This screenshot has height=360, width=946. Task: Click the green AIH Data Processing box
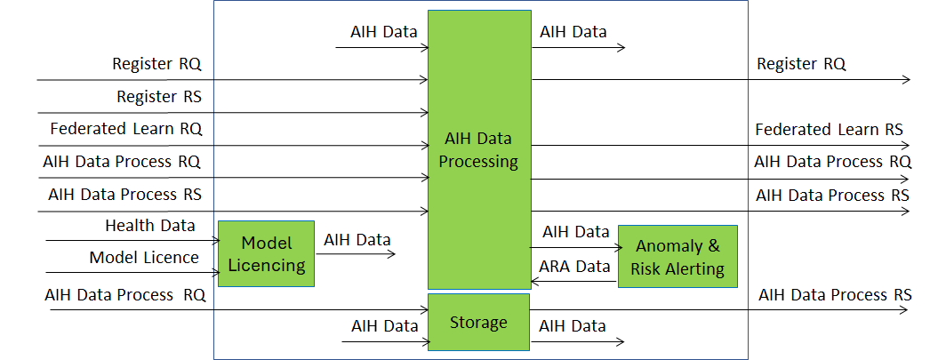[x=479, y=149]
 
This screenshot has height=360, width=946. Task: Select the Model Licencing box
[x=266, y=253]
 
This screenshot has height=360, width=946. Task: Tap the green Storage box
[x=478, y=322]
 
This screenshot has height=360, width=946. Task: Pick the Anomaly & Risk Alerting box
[x=678, y=256]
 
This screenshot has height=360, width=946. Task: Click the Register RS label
[x=159, y=97]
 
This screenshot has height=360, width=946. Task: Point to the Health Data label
[x=150, y=226]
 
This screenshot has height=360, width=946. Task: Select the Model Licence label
[x=144, y=258]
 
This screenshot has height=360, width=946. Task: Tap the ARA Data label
[x=575, y=267]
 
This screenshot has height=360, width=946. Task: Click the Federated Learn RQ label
[x=126, y=129]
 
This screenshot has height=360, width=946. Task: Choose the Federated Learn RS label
[x=829, y=130]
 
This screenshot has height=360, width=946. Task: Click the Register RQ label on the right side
[x=801, y=64]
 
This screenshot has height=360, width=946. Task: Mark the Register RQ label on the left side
[x=156, y=64]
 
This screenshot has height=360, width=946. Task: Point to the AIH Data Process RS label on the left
[x=124, y=195]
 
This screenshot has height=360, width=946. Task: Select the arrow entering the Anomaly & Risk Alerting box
[x=575, y=247]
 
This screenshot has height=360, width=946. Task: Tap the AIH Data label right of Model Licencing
[x=357, y=240]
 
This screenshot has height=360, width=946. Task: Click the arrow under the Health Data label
[x=132, y=241]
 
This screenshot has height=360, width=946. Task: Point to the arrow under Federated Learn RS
[x=720, y=145]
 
